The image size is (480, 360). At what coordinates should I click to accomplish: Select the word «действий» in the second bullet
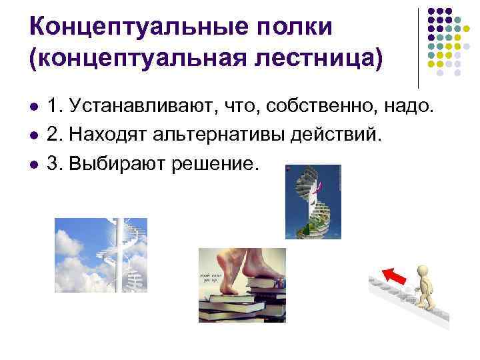click(339, 135)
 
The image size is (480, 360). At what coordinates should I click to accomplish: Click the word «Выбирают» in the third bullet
click(107, 163)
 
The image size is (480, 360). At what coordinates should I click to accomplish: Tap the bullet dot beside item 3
click(32, 165)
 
